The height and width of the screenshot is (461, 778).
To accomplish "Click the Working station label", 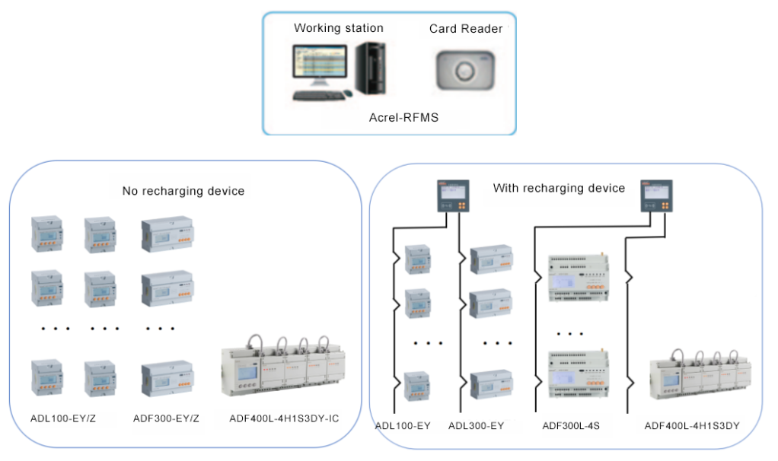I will [339, 28].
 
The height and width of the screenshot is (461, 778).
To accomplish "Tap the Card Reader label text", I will [466, 29].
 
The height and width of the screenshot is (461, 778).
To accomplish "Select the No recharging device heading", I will [183, 191].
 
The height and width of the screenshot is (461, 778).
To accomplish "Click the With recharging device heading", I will [559, 188].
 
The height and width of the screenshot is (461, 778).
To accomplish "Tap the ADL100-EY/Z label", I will [63, 418].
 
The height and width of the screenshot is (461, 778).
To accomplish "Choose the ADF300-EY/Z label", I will [166, 418].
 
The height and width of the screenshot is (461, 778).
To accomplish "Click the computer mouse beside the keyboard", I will [348, 94].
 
